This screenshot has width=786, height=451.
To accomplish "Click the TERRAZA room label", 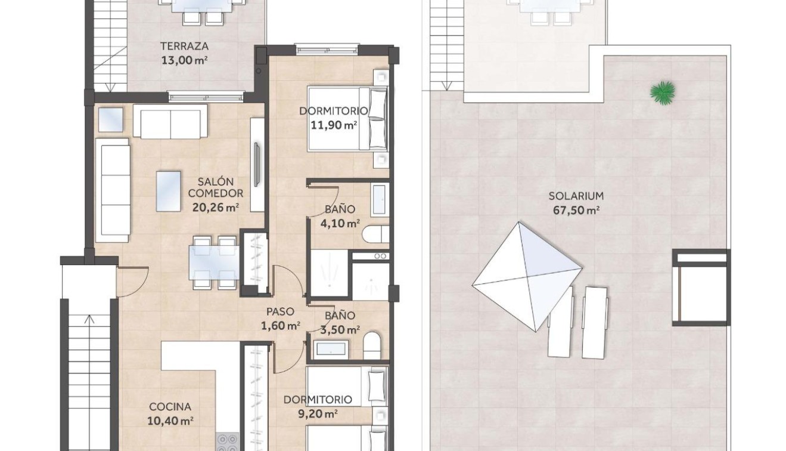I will tap(184, 46).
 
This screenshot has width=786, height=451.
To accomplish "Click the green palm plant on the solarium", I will tap(663, 92).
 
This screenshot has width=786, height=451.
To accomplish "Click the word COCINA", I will tap(170, 407).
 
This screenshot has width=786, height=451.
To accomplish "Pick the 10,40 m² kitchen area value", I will tap(170, 421).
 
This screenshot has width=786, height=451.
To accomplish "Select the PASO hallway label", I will tap(280, 311).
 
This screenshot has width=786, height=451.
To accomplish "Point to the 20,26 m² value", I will tap(215, 208).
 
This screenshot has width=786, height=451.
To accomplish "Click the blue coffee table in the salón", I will tap(169, 191).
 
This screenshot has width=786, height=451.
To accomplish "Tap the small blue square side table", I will tap(110, 120).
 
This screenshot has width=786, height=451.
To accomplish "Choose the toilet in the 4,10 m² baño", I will tap(375, 234).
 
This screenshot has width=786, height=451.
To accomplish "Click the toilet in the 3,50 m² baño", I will tap(371, 346).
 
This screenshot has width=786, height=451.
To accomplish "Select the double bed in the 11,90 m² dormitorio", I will tap(347, 118).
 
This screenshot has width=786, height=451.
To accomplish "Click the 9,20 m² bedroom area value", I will tap(318, 413).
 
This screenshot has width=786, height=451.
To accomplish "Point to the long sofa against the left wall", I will tap(113, 190).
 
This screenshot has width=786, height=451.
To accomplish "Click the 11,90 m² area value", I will tap(334, 125).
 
